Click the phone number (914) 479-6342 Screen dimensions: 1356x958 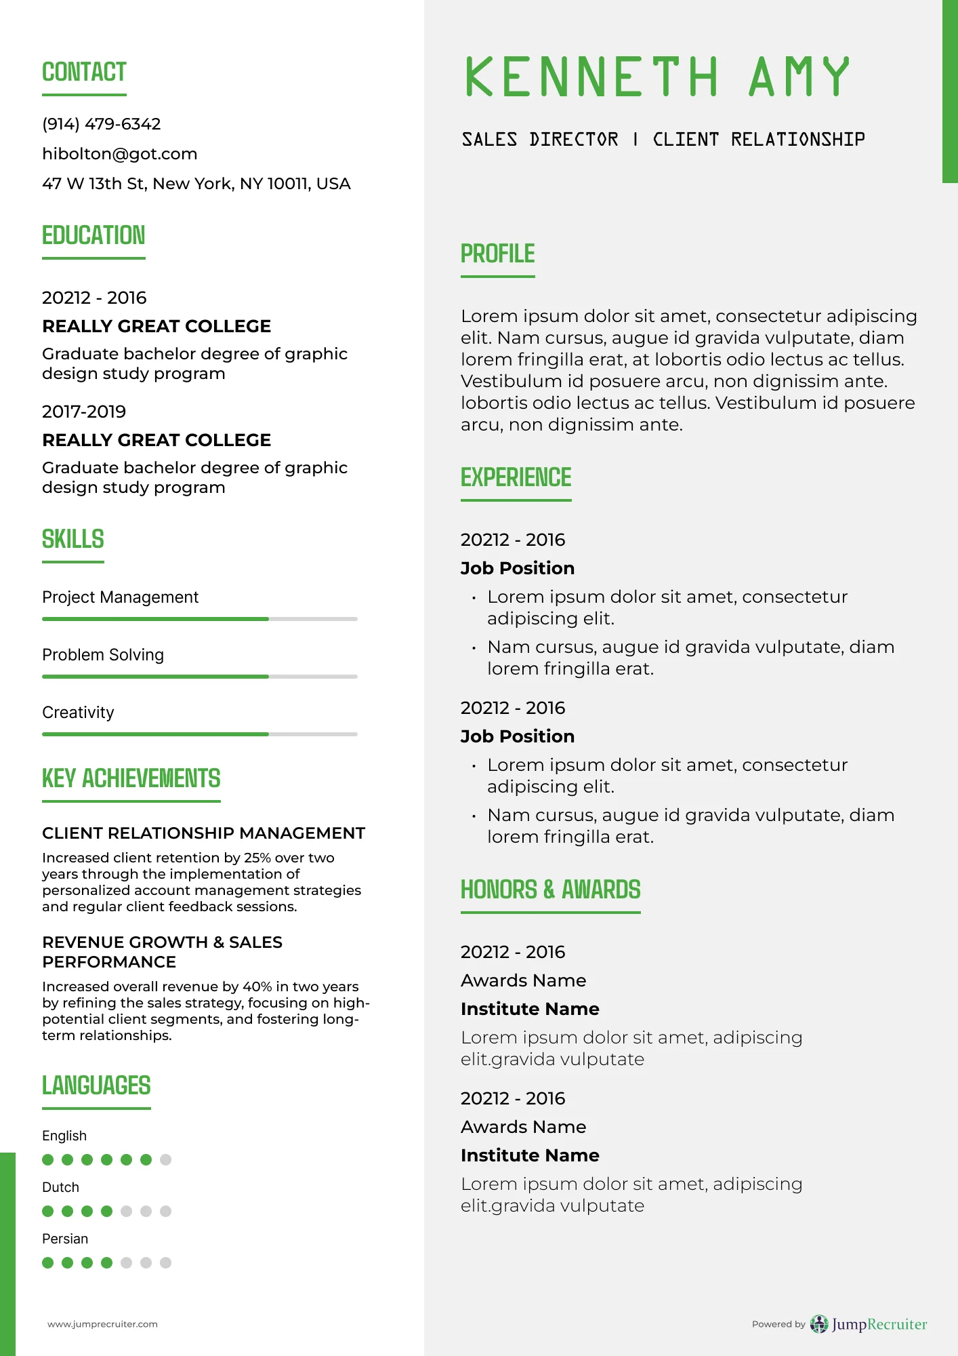(102, 124)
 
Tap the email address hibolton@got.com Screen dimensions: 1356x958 (120, 154)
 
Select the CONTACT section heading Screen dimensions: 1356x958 (84, 72)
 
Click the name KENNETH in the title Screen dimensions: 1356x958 (591, 77)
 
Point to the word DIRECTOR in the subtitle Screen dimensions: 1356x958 (573, 140)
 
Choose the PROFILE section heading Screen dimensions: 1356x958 (497, 254)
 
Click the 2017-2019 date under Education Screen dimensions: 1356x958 (84, 412)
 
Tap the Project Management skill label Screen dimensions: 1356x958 (120, 597)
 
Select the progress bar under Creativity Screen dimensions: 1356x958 (199, 734)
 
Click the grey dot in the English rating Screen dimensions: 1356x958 (165, 1159)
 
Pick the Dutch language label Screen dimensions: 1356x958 (60, 1187)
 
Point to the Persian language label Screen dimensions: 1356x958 (65, 1239)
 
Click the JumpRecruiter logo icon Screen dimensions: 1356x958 (819, 1323)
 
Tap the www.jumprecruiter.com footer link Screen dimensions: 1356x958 (102, 1324)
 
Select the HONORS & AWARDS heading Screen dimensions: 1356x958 (550, 890)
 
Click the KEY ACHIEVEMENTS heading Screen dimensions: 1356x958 (131, 778)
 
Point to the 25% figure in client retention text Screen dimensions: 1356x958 (257, 858)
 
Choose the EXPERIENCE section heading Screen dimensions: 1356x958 (516, 478)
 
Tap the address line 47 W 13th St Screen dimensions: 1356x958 (196, 184)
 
